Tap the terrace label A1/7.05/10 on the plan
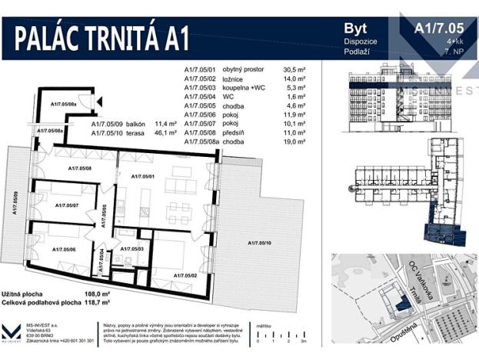[260, 243]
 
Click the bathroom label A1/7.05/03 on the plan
[132, 249]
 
